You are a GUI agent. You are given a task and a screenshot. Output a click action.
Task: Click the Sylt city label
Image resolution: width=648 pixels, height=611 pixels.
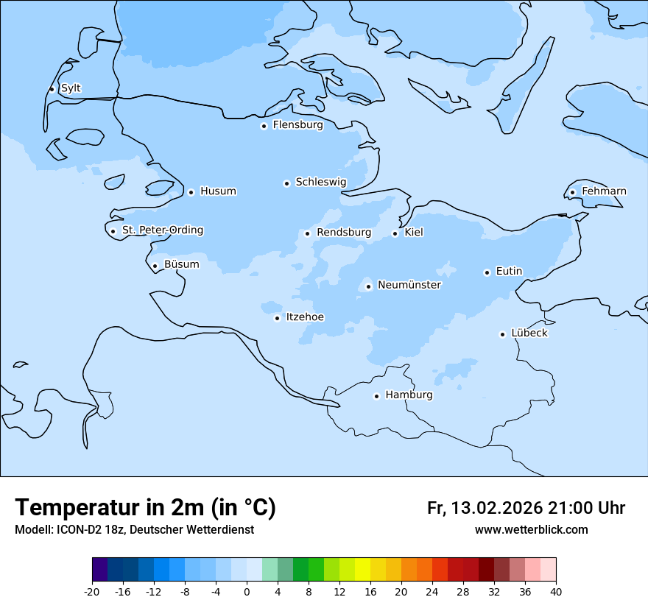click(x=71, y=88)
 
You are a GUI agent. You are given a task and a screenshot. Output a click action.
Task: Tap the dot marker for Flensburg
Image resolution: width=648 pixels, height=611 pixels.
click(x=264, y=126)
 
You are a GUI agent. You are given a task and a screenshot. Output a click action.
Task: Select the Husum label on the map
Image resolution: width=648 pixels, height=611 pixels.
click(x=218, y=191)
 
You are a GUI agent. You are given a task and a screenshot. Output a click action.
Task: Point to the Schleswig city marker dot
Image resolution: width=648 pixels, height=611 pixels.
click(x=286, y=183)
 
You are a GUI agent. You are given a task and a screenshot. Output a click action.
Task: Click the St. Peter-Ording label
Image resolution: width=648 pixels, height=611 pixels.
click(x=162, y=230)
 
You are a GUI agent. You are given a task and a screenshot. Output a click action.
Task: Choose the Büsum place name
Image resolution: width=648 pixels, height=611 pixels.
click(x=181, y=264)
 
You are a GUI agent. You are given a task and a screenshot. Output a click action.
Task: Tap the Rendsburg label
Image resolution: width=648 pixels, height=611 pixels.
click(x=344, y=233)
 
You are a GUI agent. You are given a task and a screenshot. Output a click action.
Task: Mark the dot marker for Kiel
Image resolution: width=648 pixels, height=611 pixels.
click(x=395, y=233)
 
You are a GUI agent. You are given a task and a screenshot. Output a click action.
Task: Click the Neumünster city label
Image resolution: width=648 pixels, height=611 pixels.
click(x=409, y=285)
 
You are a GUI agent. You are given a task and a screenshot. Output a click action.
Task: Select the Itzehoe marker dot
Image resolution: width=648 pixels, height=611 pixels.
click(x=277, y=318)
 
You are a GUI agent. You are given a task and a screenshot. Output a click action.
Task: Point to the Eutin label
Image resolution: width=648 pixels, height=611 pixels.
click(x=509, y=272)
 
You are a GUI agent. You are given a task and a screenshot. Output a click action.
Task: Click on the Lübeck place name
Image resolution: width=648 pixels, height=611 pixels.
click(x=529, y=333)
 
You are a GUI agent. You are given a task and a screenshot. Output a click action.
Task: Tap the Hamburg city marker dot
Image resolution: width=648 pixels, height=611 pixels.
click(x=376, y=396)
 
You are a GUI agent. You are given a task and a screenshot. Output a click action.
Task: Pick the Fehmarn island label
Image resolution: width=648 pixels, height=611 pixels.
click(x=604, y=191)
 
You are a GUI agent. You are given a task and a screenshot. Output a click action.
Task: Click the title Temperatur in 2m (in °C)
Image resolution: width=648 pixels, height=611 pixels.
click(x=145, y=508)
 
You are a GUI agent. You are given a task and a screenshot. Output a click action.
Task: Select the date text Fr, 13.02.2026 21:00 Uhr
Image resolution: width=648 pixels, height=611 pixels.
click(x=526, y=509)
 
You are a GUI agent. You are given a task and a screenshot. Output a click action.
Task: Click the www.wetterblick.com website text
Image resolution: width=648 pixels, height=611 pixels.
click(x=531, y=530)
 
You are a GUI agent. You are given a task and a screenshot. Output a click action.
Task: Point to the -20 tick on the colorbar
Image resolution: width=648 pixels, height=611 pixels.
click(x=92, y=592)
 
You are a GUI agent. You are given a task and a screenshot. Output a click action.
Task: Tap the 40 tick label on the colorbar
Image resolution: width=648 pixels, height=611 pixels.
click(x=556, y=592)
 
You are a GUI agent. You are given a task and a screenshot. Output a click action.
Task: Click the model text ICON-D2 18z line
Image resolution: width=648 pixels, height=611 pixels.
click(x=134, y=530)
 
